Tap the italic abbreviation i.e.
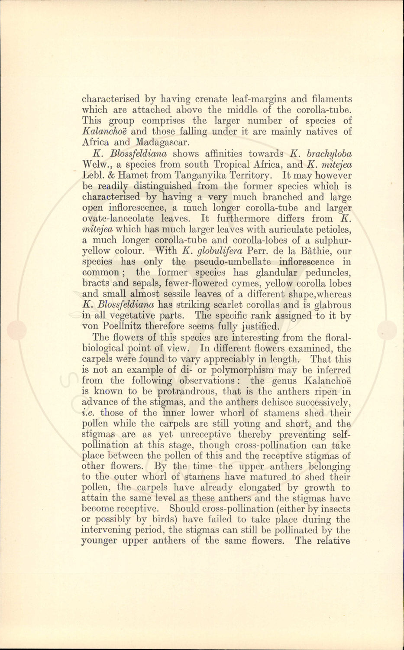coord(89,413)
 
